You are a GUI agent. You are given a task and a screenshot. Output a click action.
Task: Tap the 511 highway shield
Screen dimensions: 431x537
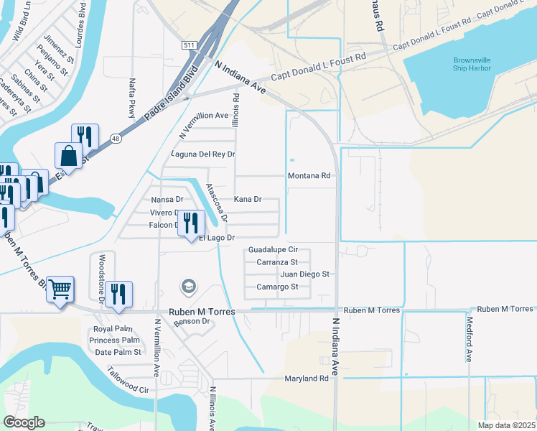189,45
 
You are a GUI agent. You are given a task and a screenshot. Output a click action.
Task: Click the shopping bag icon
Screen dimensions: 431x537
68,155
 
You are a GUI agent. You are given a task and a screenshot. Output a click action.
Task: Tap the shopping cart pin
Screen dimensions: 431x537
60,289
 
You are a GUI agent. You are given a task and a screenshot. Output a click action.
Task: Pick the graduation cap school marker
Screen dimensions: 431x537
188,287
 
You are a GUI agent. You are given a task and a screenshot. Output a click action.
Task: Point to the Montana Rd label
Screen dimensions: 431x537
309,175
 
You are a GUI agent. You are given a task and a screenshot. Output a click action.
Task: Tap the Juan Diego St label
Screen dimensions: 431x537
304,274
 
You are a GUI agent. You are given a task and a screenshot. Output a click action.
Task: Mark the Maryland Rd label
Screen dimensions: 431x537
306,379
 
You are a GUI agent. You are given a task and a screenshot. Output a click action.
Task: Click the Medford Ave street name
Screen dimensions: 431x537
470,339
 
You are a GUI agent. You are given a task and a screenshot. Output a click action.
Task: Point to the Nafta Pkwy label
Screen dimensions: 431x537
132,98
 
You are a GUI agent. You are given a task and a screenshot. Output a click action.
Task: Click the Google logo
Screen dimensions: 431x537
23,422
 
